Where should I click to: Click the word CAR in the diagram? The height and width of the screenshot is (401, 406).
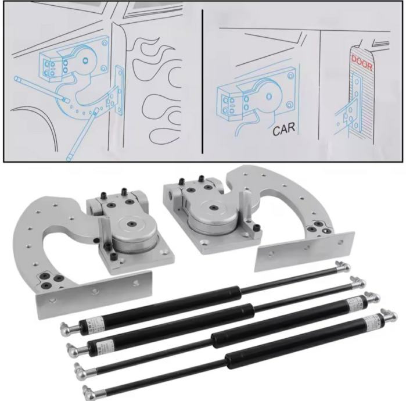coord(284,129)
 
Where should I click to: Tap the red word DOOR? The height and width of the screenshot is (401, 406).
coord(362,63)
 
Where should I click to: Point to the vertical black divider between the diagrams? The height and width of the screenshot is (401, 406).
coord(203,82)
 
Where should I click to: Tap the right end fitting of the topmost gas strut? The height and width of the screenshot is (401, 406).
coord(343,267)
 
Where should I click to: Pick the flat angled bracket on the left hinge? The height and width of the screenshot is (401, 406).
coord(94,294)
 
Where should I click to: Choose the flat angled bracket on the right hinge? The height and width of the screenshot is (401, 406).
coord(304,250)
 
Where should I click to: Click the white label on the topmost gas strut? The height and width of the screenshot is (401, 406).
coord(96,324)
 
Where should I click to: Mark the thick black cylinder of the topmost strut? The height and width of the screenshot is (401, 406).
coord(160,308)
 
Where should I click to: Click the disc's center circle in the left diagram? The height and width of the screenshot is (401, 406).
coord(85,61)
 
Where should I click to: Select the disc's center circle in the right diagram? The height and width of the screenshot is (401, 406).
coord(269,96)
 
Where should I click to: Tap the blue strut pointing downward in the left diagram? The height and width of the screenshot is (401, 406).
coord(82,134)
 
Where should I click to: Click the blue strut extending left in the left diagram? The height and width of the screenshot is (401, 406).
coord(41,88)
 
